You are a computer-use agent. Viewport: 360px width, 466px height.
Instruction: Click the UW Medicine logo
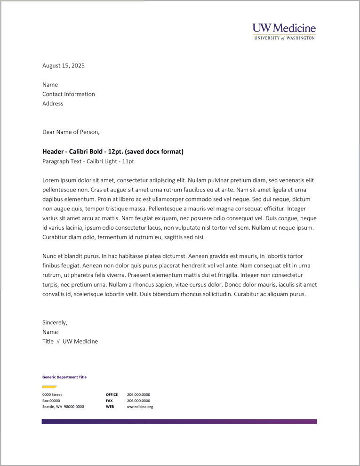point(284,32)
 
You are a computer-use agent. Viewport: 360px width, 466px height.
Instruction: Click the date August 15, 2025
point(64,66)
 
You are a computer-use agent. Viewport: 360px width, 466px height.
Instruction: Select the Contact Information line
point(69,94)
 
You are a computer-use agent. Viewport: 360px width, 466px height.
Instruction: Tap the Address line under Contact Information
point(53,104)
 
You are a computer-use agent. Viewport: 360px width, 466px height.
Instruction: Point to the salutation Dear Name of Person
point(71,132)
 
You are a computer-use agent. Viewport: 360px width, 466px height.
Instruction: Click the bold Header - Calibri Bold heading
point(113,152)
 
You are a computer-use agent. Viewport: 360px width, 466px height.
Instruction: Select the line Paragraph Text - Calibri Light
point(89,161)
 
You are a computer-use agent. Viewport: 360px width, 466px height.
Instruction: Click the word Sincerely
point(55,323)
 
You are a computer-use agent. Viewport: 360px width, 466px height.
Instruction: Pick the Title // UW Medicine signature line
point(70,342)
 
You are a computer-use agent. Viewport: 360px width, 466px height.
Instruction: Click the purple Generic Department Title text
point(64,377)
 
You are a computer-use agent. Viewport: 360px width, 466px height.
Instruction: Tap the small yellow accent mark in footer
point(49,386)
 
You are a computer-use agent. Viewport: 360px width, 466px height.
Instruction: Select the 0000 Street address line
point(52,394)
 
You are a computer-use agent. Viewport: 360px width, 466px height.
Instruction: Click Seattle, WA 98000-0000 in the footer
point(63,406)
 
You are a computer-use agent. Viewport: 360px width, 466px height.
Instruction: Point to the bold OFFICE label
point(112,394)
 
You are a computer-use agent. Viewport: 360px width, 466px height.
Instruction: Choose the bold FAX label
point(109,401)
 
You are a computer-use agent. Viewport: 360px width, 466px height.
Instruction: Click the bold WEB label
point(110,406)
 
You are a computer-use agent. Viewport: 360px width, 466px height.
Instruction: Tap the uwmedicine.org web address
point(140,406)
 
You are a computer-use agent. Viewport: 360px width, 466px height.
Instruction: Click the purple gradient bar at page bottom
point(179,421)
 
